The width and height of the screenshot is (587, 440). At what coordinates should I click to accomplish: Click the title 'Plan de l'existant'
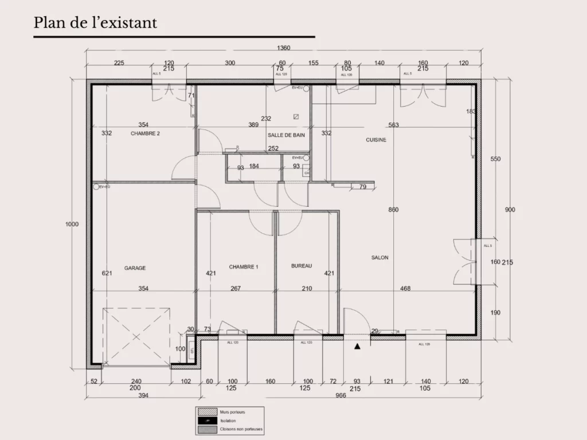[x=95, y=23]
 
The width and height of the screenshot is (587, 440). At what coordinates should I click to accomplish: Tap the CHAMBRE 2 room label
[x=145, y=133]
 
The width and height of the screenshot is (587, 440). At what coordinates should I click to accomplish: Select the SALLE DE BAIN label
[x=286, y=135]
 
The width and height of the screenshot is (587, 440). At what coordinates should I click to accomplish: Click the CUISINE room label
[x=376, y=140]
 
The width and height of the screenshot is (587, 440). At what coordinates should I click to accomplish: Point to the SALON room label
[x=379, y=258]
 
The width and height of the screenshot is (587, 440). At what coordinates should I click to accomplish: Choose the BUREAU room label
[x=302, y=266]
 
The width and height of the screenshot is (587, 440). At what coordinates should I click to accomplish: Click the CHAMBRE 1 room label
[x=244, y=267]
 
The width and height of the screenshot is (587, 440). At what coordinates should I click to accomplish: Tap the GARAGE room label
[x=135, y=268]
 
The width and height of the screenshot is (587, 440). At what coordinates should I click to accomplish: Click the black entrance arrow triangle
[x=358, y=346]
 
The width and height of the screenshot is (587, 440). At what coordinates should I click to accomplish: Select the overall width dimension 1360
[x=283, y=48]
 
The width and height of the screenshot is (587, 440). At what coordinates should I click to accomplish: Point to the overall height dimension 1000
[x=72, y=225]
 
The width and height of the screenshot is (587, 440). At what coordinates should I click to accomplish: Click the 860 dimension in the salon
[x=393, y=210]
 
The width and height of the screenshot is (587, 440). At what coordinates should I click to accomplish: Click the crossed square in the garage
[x=136, y=336]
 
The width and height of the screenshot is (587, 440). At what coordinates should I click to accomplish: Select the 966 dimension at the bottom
[x=341, y=395]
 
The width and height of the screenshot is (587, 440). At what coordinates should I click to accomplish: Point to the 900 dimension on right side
[x=510, y=210]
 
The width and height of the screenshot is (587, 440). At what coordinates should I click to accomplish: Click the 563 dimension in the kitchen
[x=393, y=125]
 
